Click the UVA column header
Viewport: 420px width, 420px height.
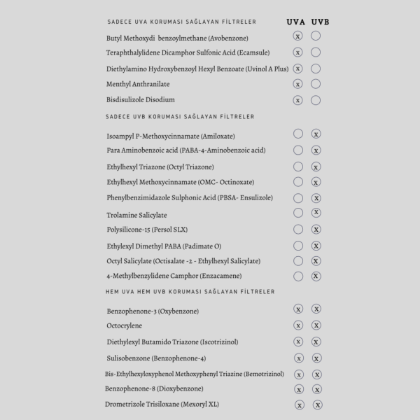click(296, 22)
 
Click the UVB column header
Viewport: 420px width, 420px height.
click(318, 22)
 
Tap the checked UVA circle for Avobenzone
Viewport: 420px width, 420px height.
click(297, 36)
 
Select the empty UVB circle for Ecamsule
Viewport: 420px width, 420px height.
click(316, 52)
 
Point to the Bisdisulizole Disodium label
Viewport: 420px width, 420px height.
click(141, 100)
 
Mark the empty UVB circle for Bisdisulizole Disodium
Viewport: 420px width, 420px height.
click(316, 100)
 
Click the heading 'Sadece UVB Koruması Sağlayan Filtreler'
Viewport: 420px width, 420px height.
click(180, 117)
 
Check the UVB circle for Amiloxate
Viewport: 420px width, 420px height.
click(316, 134)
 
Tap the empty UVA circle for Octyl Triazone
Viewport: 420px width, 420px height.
click(298, 167)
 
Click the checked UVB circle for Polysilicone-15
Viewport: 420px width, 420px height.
click(316, 230)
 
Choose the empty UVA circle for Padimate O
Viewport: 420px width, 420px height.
click(298, 246)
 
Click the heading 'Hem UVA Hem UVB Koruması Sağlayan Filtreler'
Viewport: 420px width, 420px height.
click(190, 291)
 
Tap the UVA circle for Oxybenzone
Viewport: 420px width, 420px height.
click(298, 309)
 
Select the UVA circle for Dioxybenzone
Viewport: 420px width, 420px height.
click(299, 389)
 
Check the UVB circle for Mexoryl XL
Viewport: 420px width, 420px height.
click(318, 405)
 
